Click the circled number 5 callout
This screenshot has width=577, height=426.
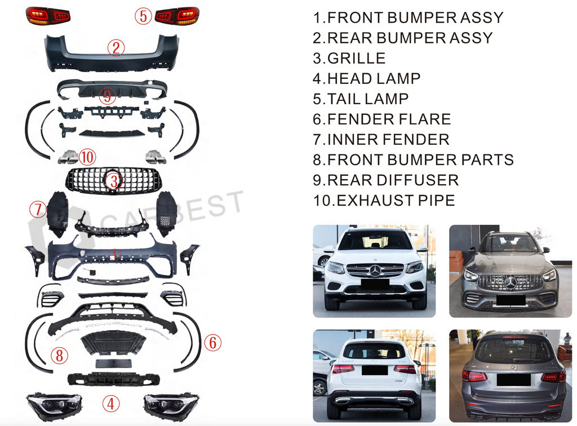pos(144,16)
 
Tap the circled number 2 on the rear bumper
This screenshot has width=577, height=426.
pos(116,48)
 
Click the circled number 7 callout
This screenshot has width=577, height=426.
pos(38,210)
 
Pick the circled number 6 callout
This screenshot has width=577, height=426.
pos(212,342)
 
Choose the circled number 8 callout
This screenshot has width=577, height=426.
pos(59,356)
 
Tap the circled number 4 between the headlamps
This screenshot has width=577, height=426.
pos(111,403)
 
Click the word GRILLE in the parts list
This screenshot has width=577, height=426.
pos(356,58)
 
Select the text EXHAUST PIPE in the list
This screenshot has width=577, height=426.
pos(395,200)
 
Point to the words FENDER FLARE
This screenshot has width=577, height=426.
pos(389,119)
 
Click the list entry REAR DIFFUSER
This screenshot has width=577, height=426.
pos(393,180)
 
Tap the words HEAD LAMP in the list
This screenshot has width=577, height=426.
pos(374,78)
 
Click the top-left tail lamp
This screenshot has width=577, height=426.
pos(48,15)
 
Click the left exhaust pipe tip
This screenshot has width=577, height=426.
pos(68,157)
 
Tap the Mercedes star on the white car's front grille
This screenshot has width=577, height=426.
pos(375,271)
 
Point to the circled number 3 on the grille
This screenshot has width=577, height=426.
pos(114,181)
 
